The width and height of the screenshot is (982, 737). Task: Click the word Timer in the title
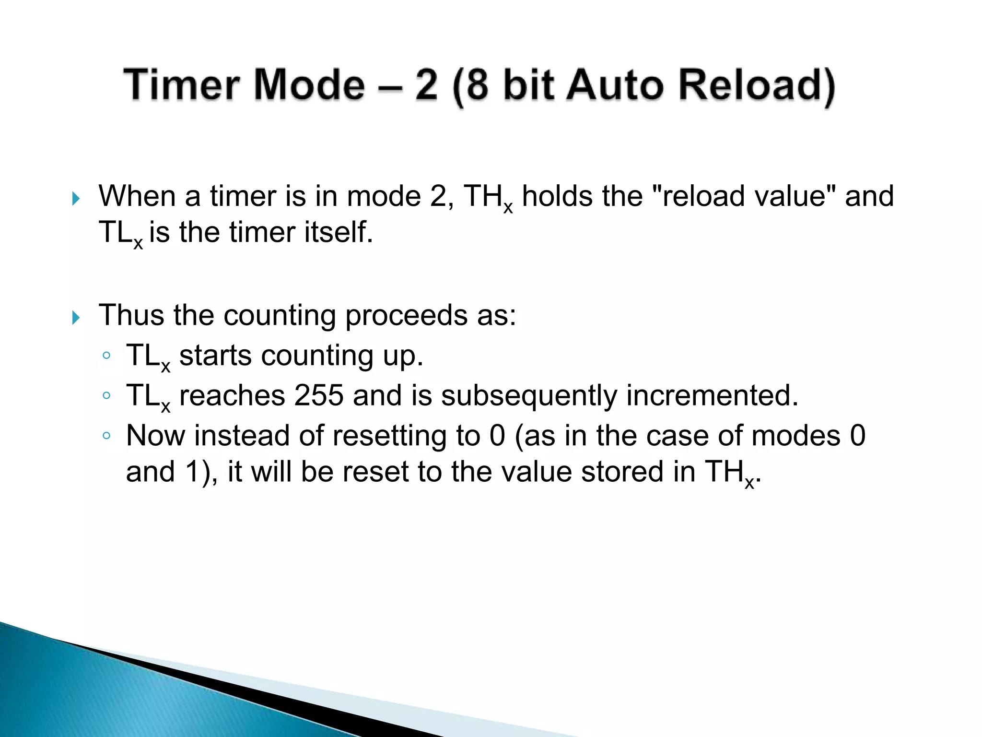181,84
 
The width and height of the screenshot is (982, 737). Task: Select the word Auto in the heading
615,84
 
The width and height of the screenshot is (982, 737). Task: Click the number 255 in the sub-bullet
319,395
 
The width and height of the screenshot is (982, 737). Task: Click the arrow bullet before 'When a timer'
76,198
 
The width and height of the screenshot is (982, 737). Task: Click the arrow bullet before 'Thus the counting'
76,317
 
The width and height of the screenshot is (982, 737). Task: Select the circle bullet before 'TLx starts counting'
106,356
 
